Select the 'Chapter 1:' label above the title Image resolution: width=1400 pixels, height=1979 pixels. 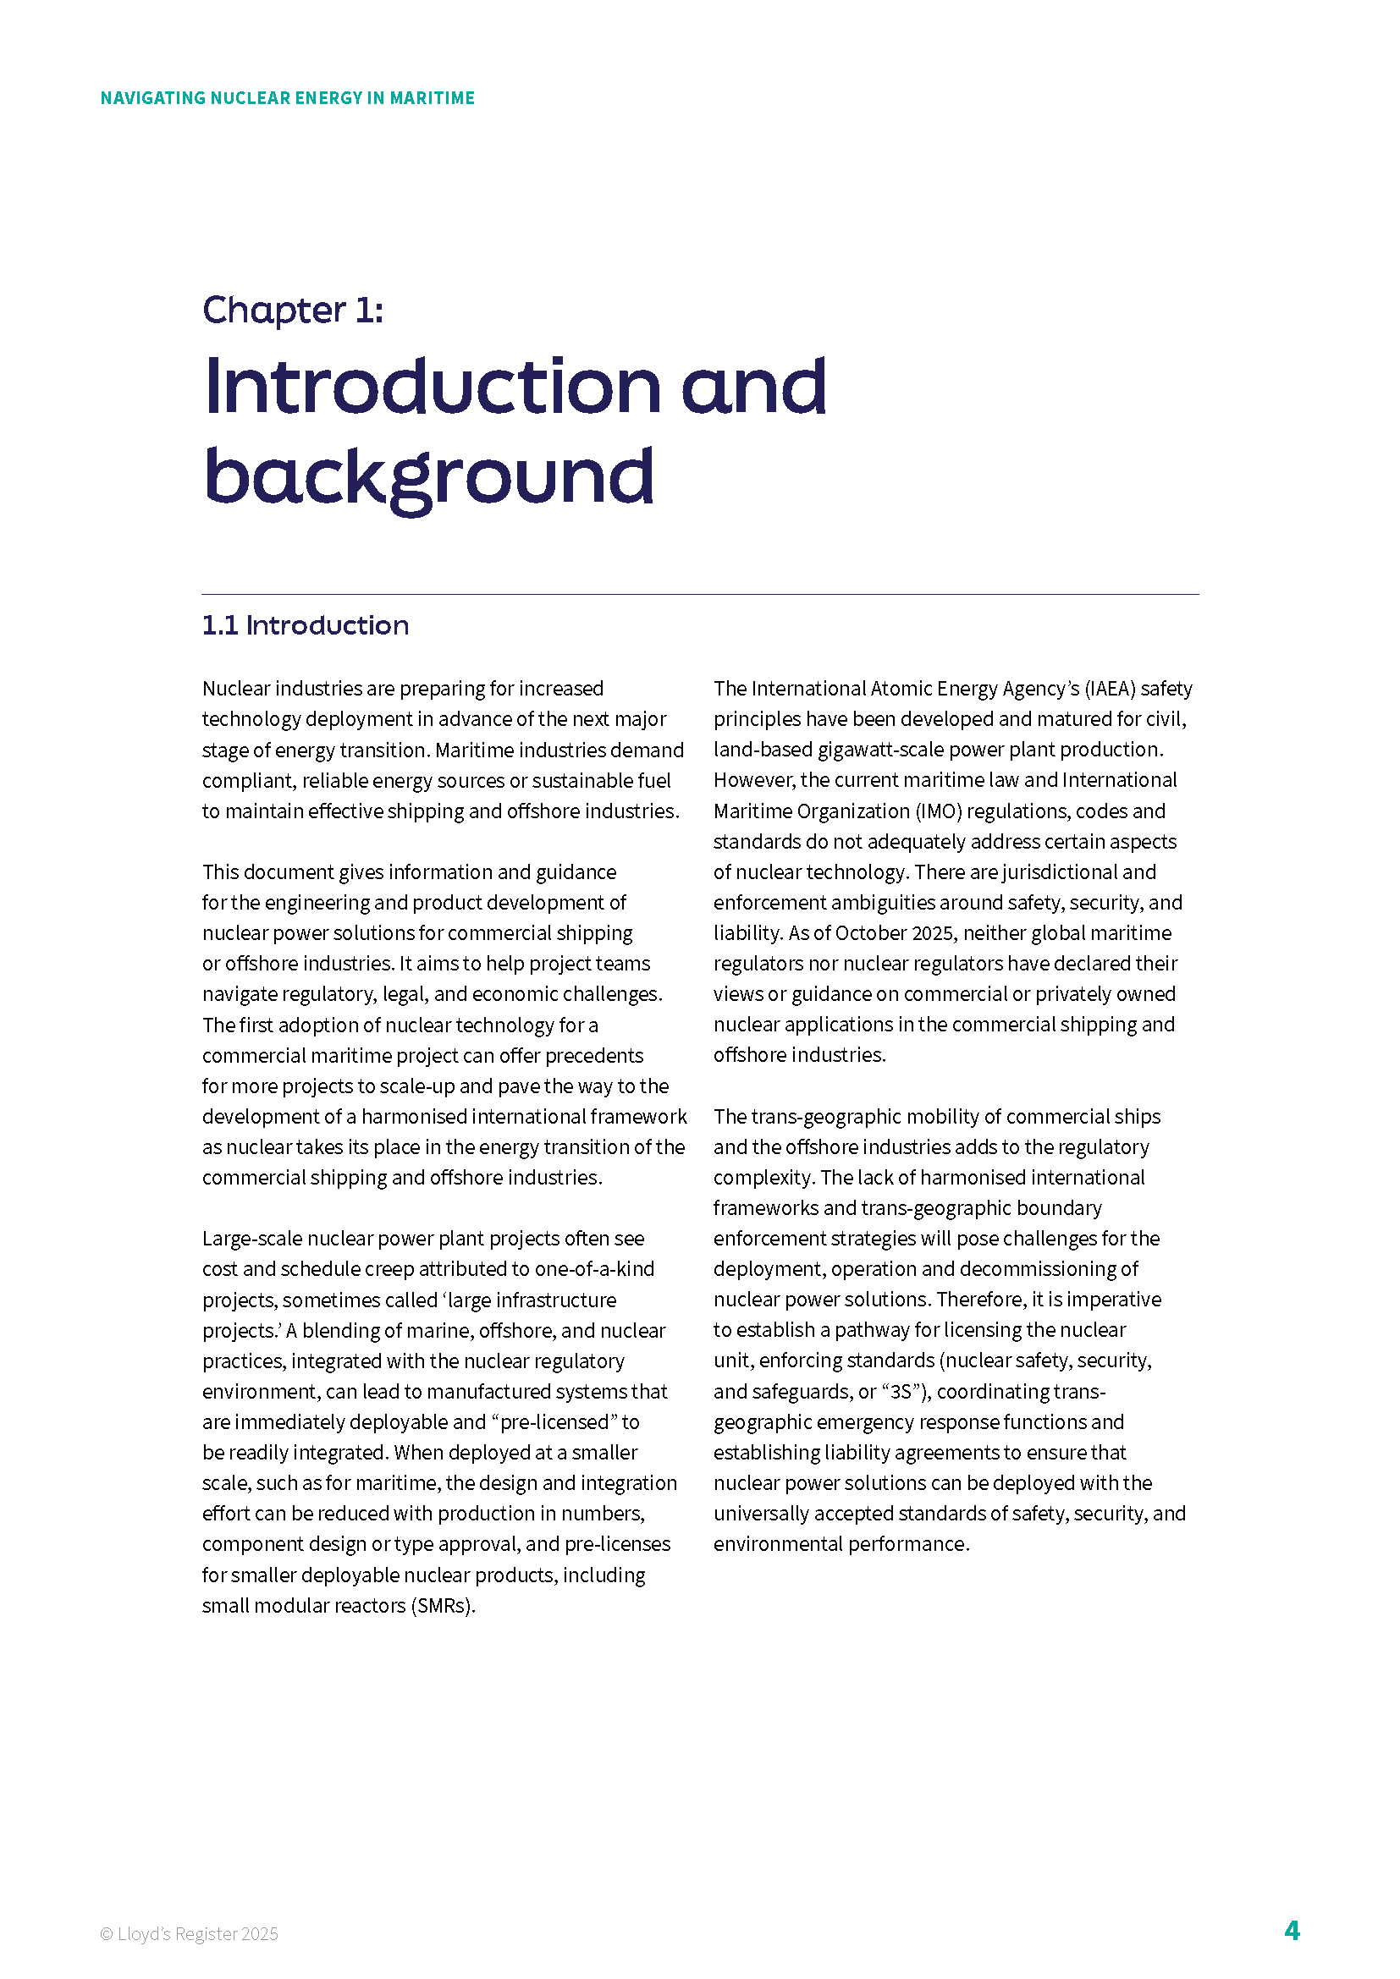[292, 311]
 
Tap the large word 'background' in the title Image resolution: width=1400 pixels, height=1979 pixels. [428, 477]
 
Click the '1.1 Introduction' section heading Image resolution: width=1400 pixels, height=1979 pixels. [306, 626]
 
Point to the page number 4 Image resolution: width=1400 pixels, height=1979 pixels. [1292, 1930]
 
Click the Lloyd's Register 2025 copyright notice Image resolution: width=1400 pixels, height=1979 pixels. [189, 1934]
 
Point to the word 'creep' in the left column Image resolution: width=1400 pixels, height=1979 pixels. [391, 1270]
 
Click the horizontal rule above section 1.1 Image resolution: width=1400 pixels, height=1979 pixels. [700, 595]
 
